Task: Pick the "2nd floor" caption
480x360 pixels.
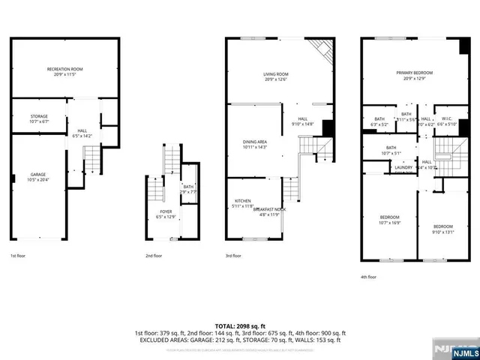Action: (154, 256)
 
